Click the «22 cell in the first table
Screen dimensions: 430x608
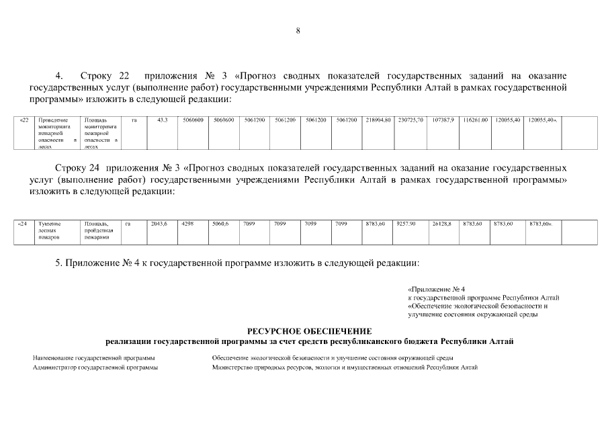pos(24,120)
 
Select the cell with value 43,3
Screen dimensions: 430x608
pos(162,120)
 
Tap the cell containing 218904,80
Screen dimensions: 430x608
pos(378,120)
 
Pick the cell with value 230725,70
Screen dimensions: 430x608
pos(410,120)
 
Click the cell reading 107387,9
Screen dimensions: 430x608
pos(443,120)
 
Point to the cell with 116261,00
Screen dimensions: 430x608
pos(475,120)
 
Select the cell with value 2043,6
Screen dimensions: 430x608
pos(159,224)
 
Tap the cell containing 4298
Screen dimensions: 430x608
pos(187,224)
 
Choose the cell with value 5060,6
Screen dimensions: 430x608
pos(220,224)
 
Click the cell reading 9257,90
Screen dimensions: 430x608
pos(407,224)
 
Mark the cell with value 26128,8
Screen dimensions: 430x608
pos(441,224)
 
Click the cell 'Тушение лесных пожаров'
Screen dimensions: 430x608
pos(51,230)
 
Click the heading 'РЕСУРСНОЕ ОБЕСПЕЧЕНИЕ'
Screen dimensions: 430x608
pos(309,331)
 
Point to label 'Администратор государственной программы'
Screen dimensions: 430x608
pos(95,368)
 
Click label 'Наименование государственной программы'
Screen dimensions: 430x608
pos(94,357)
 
